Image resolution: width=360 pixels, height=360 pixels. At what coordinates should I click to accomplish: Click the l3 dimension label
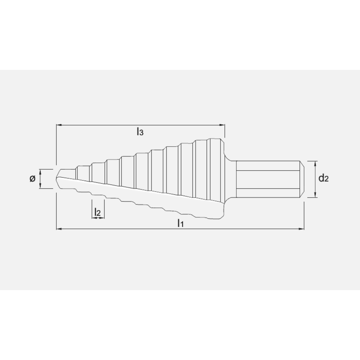point(140,132)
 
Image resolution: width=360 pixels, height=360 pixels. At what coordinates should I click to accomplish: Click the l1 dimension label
point(180,223)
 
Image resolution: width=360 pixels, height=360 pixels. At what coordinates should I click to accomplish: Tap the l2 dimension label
point(97,212)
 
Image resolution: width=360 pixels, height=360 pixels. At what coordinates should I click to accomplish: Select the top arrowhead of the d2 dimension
point(316,163)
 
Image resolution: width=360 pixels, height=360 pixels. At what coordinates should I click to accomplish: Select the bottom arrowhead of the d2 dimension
point(316,195)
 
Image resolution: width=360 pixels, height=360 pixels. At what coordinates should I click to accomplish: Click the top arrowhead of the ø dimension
point(41,171)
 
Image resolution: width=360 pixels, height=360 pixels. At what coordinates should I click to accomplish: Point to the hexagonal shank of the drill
point(268,179)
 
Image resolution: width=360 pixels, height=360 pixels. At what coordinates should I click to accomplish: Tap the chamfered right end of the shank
point(302,179)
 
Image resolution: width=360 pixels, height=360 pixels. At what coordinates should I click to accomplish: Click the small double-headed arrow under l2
point(98,217)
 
